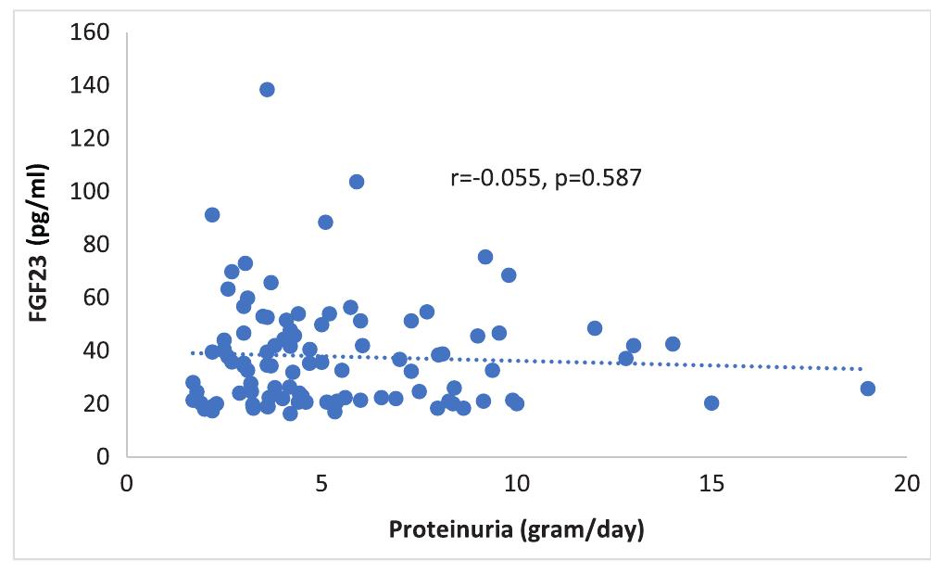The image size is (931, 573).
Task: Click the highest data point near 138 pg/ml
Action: tap(267, 89)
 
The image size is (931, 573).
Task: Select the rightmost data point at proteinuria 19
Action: tap(867, 388)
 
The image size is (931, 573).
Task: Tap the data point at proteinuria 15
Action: tap(711, 402)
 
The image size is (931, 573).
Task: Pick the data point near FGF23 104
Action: tap(357, 182)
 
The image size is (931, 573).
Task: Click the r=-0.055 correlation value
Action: tap(494, 177)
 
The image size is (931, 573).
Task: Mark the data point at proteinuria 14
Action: tap(673, 344)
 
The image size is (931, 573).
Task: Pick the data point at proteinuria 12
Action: tap(595, 328)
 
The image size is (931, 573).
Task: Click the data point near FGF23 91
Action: tap(212, 214)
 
